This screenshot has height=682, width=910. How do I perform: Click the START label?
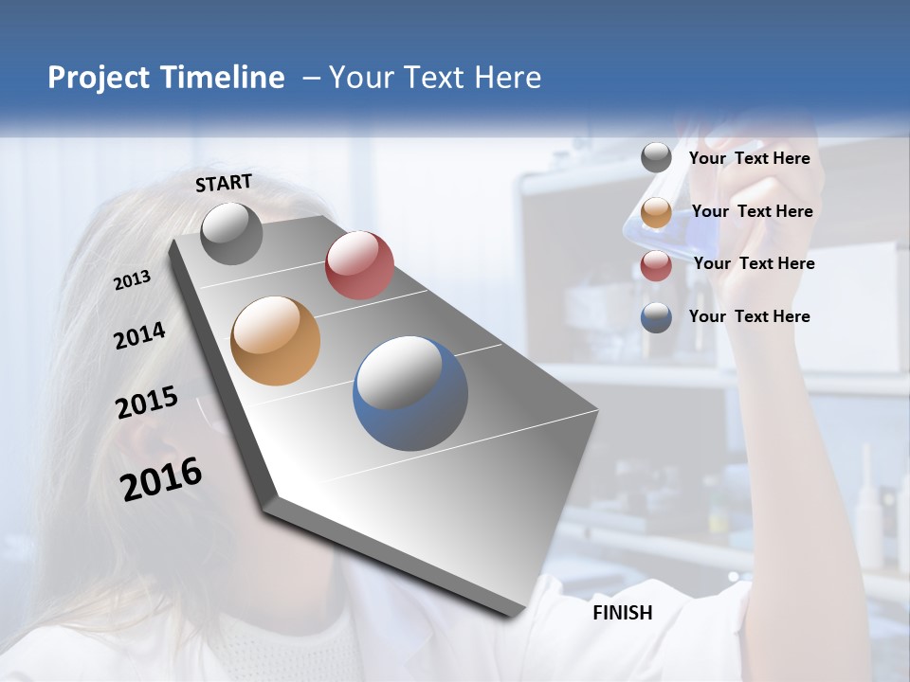pyautogui.click(x=224, y=183)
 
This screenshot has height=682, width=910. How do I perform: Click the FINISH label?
pyautogui.click(x=622, y=613)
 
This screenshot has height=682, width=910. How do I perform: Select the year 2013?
pyautogui.click(x=133, y=280)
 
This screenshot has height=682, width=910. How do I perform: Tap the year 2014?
pyautogui.click(x=139, y=335)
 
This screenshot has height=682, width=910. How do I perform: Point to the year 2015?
pyautogui.click(x=147, y=403)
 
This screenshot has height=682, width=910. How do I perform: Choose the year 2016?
pyautogui.click(x=161, y=479)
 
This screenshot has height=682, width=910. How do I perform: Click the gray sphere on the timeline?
pyautogui.click(x=231, y=234)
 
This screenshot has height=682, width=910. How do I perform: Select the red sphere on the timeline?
pyautogui.click(x=359, y=265)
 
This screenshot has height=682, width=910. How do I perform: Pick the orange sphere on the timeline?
pyautogui.click(x=275, y=341)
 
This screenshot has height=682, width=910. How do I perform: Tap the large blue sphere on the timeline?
pyautogui.click(x=410, y=393)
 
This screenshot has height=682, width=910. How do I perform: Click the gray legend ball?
pyautogui.click(x=656, y=158)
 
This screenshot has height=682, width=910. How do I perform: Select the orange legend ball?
pyautogui.click(x=656, y=212)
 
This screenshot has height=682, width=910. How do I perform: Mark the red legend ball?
pyautogui.click(x=656, y=265)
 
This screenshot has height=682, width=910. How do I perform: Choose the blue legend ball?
pyautogui.click(x=656, y=317)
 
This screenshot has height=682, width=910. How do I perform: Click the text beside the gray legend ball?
pyautogui.click(x=749, y=158)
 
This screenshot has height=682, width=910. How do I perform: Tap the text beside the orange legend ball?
pyautogui.click(x=752, y=211)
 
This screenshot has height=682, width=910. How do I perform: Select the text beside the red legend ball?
pyautogui.click(x=754, y=263)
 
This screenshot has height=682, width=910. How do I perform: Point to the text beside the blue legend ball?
pyautogui.click(x=749, y=316)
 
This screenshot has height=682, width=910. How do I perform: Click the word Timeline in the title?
pyautogui.click(x=217, y=78)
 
